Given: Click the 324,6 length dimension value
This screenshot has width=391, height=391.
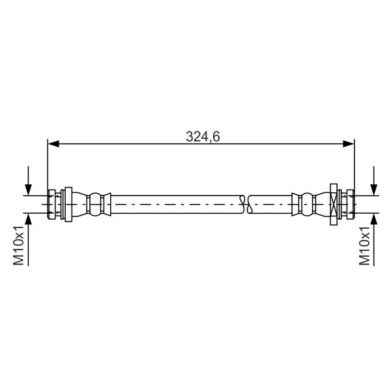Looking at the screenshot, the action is pyautogui.click(x=203, y=137).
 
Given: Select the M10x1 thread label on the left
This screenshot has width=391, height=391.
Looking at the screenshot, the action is pyautogui.click(x=18, y=246).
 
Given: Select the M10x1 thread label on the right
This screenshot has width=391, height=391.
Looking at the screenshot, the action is pyautogui.click(x=364, y=246).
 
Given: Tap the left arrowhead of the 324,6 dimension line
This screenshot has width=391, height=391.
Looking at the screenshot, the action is pyautogui.click(x=53, y=143).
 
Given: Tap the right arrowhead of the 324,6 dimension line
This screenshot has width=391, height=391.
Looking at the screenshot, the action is pyautogui.click(x=349, y=143).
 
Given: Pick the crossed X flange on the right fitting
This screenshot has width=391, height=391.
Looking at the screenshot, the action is pyautogui.click(x=334, y=205).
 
